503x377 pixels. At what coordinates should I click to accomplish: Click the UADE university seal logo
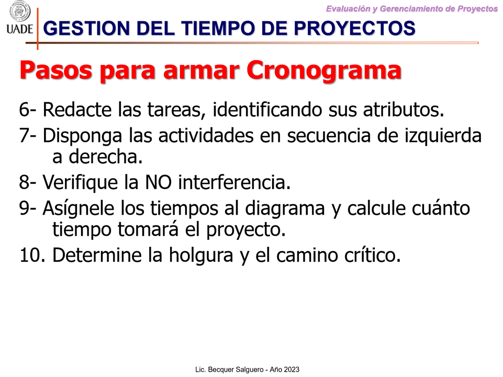pyautogui.click(x=20, y=11)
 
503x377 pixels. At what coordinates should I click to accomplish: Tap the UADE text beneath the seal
pyautogui.click(x=19, y=29)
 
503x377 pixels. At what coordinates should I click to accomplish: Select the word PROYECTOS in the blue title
pyautogui.click(x=354, y=28)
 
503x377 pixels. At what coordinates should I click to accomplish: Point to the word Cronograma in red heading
pyautogui.click(x=324, y=71)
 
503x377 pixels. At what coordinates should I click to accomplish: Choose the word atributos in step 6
pyautogui.click(x=403, y=110)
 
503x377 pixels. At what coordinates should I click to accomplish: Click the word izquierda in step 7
pyautogui.click(x=443, y=136)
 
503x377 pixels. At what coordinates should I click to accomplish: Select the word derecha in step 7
pyautogui.click(x=106, y=157)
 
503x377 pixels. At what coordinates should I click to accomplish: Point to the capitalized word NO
pyautogui.click(x=158, y=183)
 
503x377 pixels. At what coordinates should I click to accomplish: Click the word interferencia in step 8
pyautogui.click(x=234, y=182)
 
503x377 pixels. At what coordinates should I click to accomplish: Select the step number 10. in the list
pyautogui.click(x=32, y=256)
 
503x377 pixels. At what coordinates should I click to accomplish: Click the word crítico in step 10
pyautogui.click(x=373, y=256)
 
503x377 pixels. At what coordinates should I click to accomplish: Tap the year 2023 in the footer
pyautogui.click(x=291, y=370)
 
